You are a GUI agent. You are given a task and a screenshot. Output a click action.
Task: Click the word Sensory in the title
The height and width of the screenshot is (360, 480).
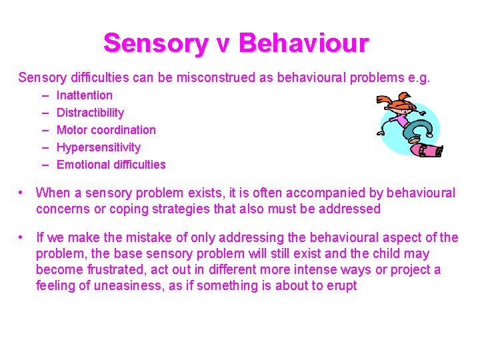pyautogui.click(x=156, y=43)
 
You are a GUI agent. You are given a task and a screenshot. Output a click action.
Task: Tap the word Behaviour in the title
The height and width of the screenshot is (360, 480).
pyautogui.click(x=303, y=43)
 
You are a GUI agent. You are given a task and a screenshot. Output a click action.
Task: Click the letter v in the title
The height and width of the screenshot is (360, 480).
pyautogui.click(x=223, y=45)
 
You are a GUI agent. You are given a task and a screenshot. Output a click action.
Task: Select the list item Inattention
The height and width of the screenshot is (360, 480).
pyautogui.click(x=85, y=95)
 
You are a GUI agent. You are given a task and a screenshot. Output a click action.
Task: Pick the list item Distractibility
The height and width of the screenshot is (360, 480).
pyautogui.click(x=90, y=113)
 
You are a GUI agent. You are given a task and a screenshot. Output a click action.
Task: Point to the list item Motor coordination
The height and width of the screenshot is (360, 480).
pyautogui.click(x=106, y=130)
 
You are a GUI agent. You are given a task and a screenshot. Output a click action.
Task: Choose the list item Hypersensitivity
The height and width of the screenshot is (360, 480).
pyautogui.click(x=99, y=147)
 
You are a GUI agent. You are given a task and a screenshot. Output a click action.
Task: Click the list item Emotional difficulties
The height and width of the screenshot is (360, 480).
pyautogui.click(x=111, y=165)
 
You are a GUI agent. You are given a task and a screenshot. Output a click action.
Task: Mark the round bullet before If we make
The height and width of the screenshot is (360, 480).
pyautogui.click(x=23, y=237)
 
